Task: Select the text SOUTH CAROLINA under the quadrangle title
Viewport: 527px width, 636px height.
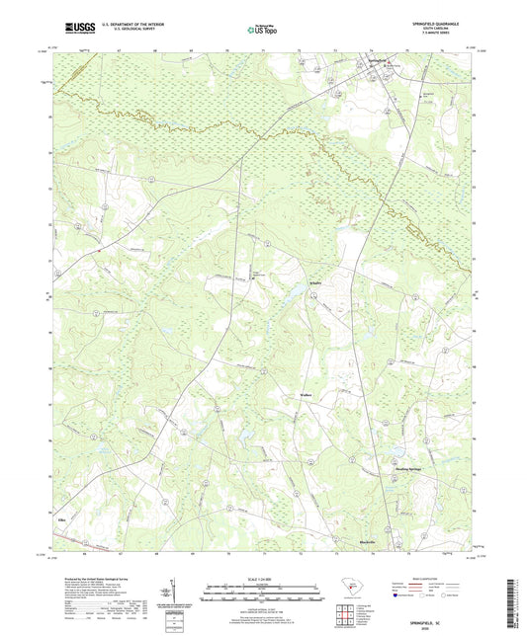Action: [x=442, y=28]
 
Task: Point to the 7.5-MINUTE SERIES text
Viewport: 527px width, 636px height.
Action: [x=440, y=34]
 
